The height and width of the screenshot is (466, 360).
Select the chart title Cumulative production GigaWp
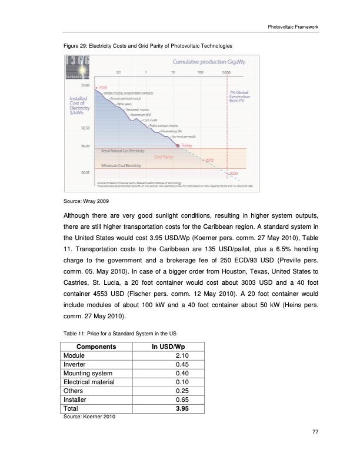[205, 61]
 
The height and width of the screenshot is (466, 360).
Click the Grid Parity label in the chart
[165, 157]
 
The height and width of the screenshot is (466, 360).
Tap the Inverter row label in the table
[75, 364]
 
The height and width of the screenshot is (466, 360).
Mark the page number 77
[315, 433]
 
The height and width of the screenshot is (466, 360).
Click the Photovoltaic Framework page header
[292, 26]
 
